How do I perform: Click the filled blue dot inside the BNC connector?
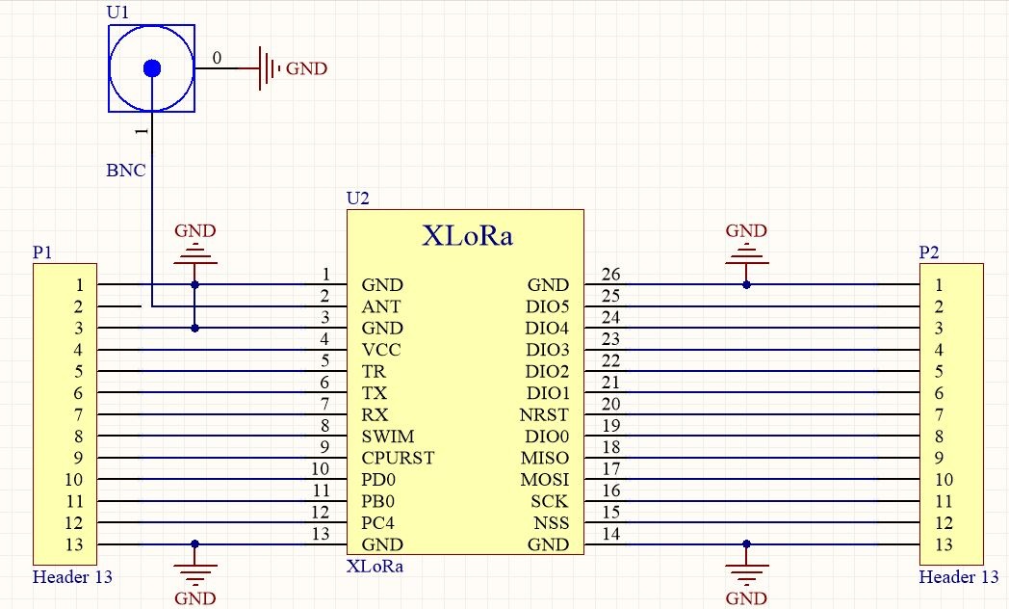(152, 68)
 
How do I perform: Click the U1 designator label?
(117, 12)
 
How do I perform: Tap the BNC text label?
(126, 170)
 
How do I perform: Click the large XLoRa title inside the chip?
(467, 235)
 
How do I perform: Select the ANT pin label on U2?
(381, 306)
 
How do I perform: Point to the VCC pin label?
(381, 350)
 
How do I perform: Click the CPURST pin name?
(398, 458)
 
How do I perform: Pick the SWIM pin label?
(387, 436)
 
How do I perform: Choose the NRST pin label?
(544, 414)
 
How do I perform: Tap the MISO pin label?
(545, 458)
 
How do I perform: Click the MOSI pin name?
(545, 480)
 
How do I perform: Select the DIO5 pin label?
(548, 306)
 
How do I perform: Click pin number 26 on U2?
(610, 275)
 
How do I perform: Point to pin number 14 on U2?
(610, 534)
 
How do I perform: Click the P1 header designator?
(42, 252)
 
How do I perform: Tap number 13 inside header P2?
(944, 544)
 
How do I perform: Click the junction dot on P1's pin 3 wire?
(195, 329)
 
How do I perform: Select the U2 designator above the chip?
(358, 199)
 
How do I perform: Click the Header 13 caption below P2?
(958, 577)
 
